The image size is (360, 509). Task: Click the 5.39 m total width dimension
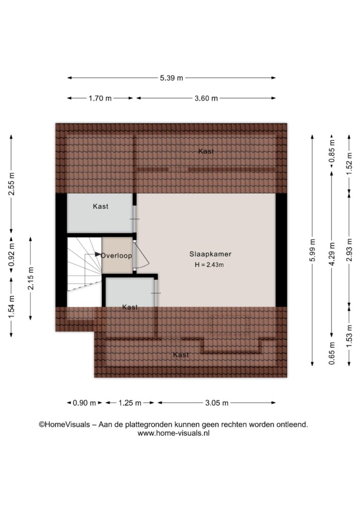[172, 78]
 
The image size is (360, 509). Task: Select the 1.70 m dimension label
[100, 98]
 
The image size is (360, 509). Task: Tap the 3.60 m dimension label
[206, 98]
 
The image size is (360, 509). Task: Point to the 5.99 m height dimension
[312, 250]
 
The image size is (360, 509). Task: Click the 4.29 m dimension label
[332, 254]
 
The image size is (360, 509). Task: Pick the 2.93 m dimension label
[349, 250]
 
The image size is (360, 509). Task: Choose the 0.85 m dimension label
[332, 151]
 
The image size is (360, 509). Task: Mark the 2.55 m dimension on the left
[11, 184]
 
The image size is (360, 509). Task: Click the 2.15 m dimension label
[30, 278]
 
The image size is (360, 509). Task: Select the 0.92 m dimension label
[11, 255]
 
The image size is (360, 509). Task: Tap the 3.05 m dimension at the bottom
[216, 403]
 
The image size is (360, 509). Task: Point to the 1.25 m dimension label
[130, 403]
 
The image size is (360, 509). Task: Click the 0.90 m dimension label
[85, 403]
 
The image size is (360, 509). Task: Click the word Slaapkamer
[210, 254]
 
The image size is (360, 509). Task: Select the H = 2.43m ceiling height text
[209, 264]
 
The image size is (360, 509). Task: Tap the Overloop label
[116, 255]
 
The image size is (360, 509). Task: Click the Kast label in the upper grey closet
[100, 206]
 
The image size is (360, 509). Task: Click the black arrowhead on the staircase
[98, 254]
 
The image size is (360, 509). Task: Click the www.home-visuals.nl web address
[174, 433]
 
